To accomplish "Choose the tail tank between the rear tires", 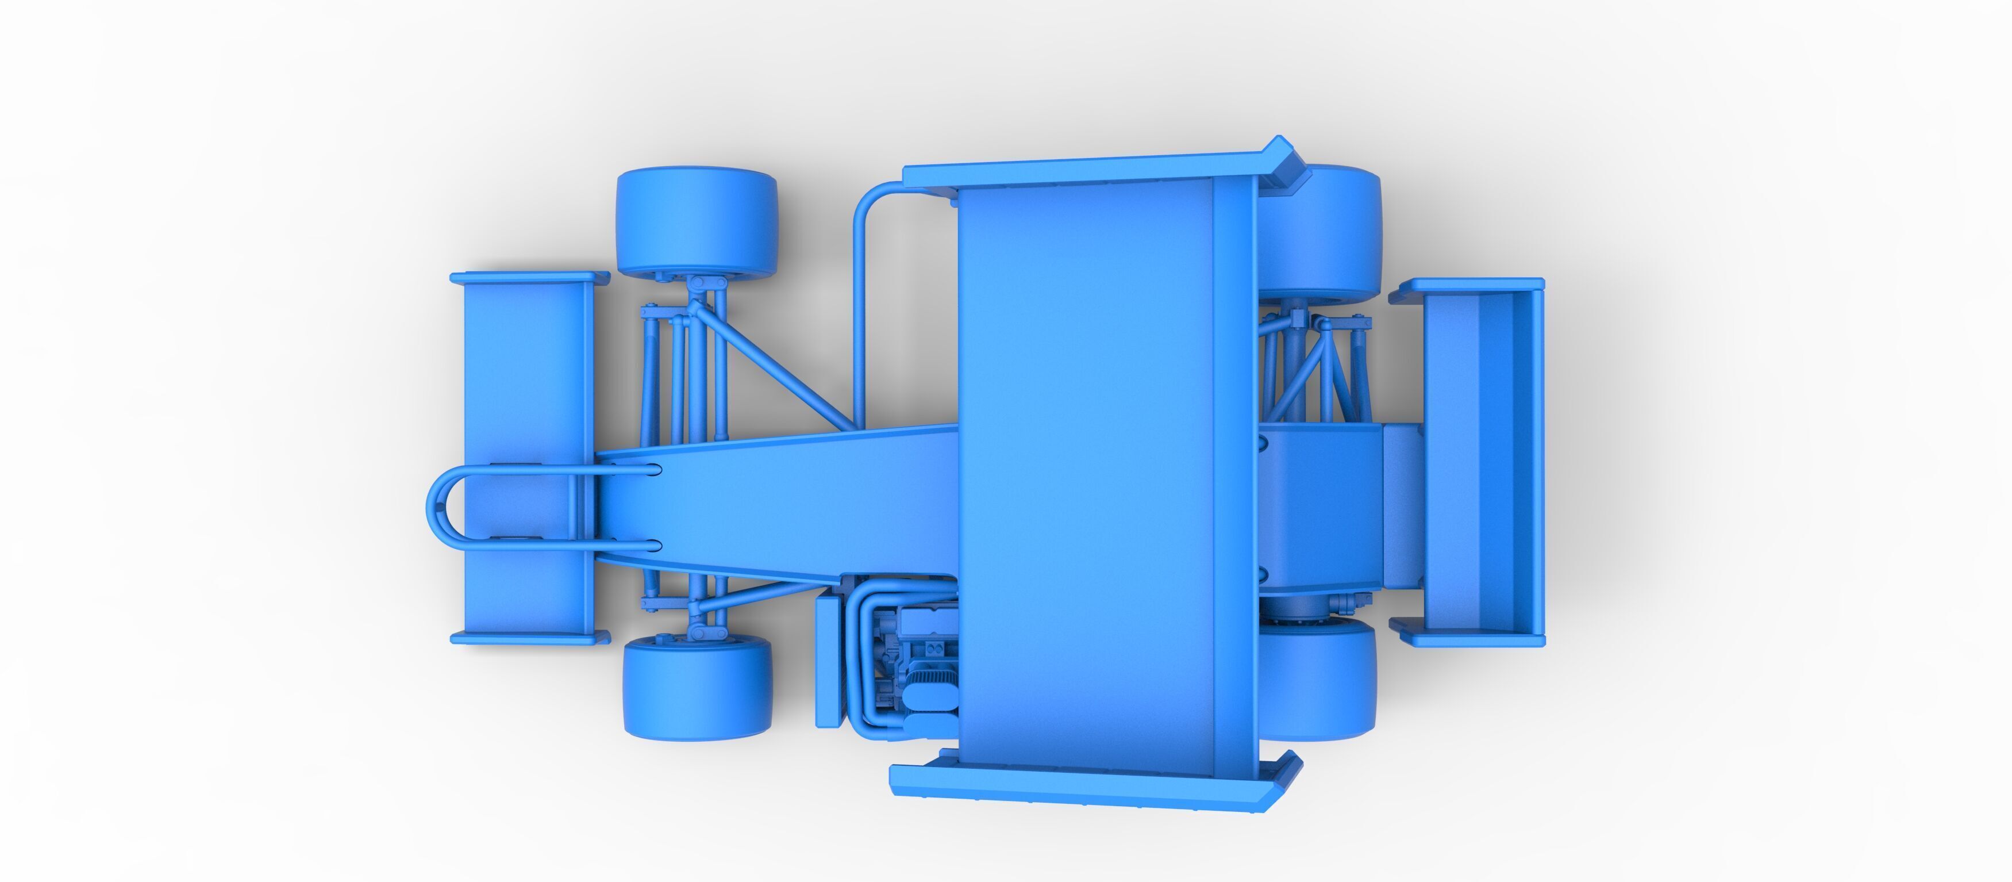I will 1320,508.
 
